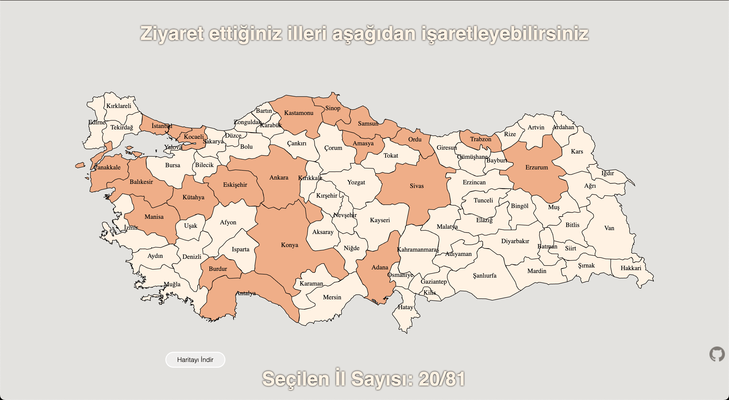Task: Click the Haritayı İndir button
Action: pyautogui.click(x=195, y=360)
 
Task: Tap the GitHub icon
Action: pyautogui.click(x=717, y=354)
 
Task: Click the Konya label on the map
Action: pyautogui.click(x=289, y=245)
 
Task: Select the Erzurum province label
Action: pyautogui.click(x=536, y=167)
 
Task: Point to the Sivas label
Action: pyautogui.click(x=417, y=186)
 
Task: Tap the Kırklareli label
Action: pyautogui.click(x=119, y=106)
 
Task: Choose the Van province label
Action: pyautogui.click(x=609, y=228)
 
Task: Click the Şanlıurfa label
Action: pyautogui.click(x=485, y=275)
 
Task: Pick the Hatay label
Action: pyautogui.click(x=405, y=307)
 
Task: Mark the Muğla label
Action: pyautogui.click(x=172, y=284)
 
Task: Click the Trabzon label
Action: pyautogui.click(x=480, y=139)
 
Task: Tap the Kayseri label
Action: pyautogui.click(x=379, y=220)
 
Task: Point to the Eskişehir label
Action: pyautogui.click(x=235, y=185)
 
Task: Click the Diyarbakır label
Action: pyautogui.click(x=515, y=241)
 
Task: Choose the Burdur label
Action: pyautogui.click(x=218, y=269)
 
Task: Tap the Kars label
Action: pyautogui.click(x=577, y=151)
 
